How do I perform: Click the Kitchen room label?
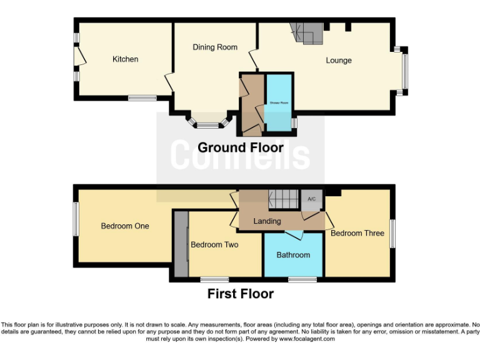coord(125,59)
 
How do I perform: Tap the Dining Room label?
coord(215,47)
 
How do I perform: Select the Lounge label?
coord(339,61)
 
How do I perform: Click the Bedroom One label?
coord(125,226)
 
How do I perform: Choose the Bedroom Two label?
coord(214,244)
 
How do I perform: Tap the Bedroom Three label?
coord(357,233)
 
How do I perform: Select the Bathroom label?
coord(293,254)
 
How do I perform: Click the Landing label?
coord(267,221)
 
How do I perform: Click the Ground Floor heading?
coord(241,148)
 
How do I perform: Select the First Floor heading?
coord(241,294)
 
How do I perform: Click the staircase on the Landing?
coord(284,199)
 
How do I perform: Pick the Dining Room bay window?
coord(207,124)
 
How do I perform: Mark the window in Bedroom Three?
coord(392,232)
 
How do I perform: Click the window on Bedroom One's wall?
coord(76,219)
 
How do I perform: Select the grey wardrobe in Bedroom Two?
coord(181,244)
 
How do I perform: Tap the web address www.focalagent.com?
coord(306,339)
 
